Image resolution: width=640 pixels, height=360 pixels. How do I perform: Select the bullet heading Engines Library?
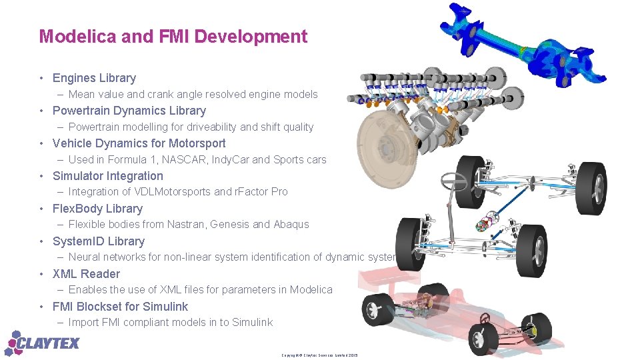(x=94, y=78)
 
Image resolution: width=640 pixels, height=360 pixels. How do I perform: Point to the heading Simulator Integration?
(x=107, y=176)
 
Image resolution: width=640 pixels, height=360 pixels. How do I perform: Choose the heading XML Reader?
(x=86, y=274)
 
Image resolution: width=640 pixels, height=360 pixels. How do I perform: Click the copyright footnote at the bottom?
(x=319, y=355)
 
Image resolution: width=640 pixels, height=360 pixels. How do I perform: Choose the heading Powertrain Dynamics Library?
(x=129, y=111)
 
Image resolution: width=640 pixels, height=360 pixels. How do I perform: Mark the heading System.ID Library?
(x=98, y=241)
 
